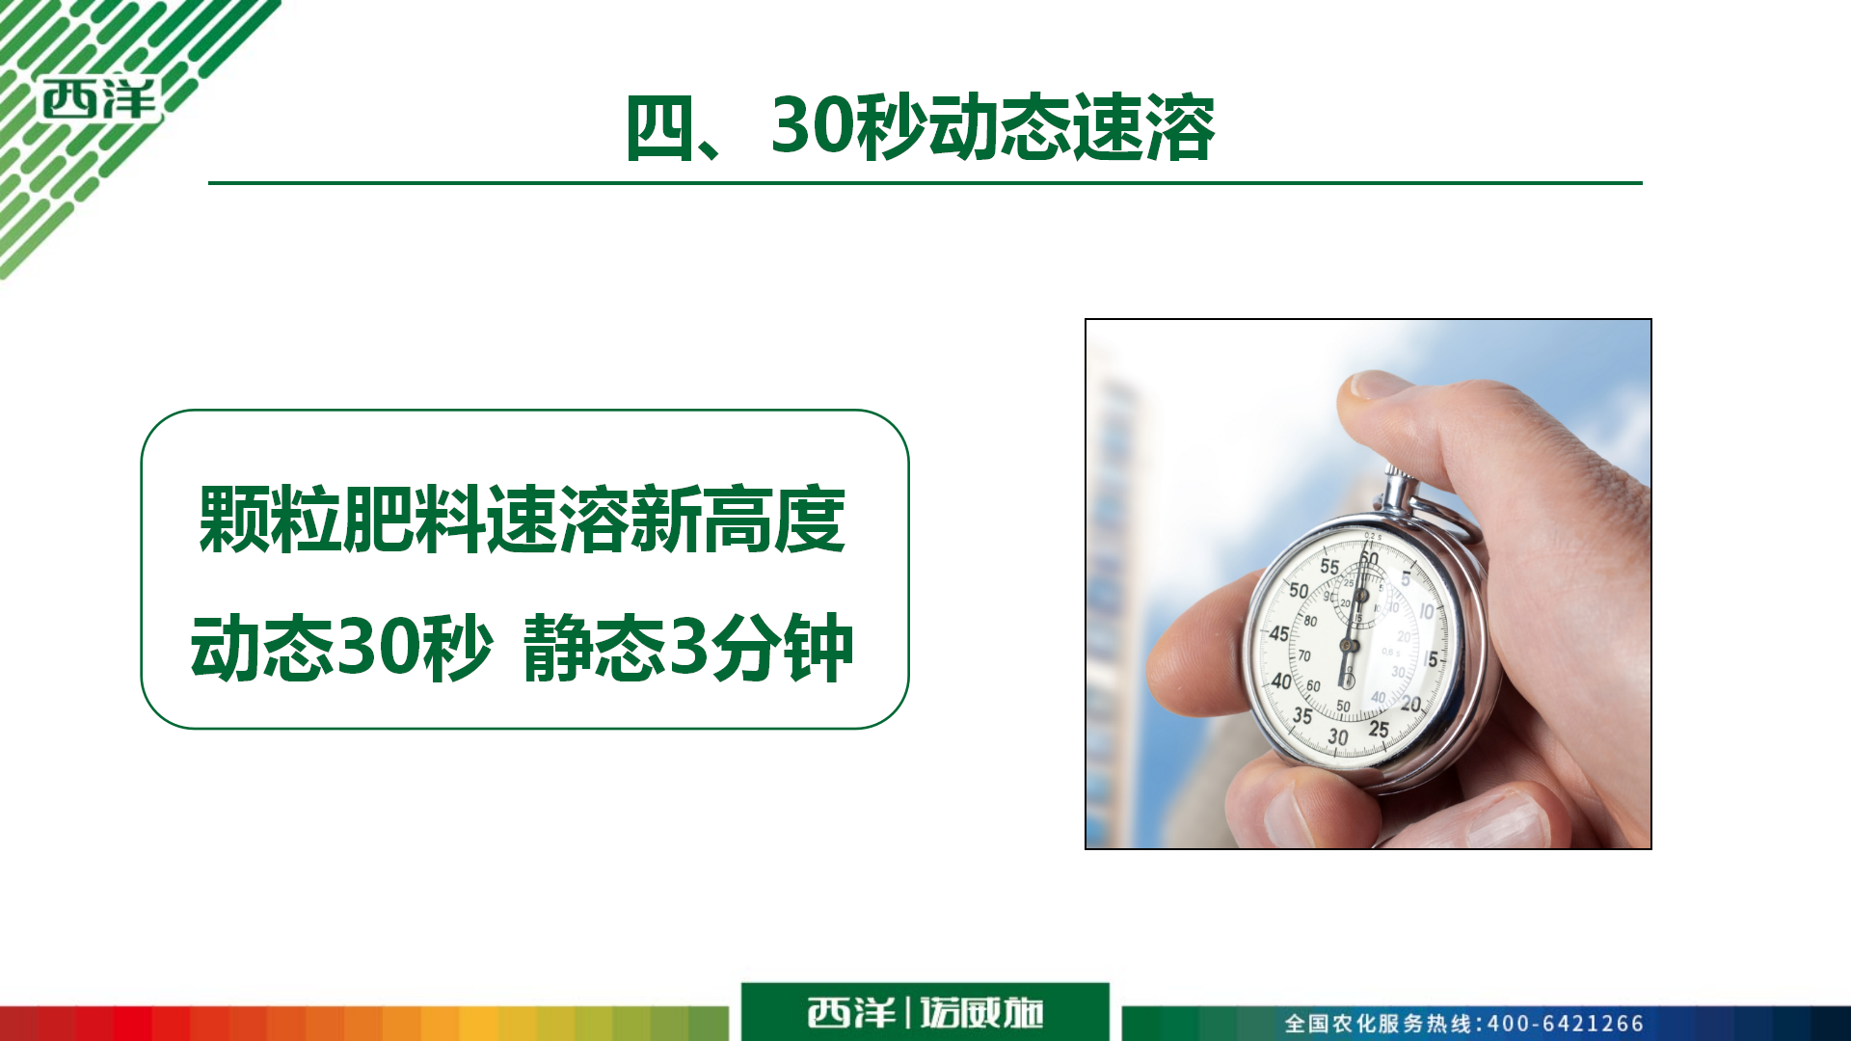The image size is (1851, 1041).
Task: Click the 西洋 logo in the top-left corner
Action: coord(99,99)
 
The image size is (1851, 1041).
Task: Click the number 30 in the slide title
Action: coord(812,127)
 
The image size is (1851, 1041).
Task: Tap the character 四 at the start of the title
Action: coord(660,128)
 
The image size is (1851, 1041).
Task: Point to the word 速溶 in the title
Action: coord(1144,128)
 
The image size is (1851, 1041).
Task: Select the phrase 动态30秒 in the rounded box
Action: coord(342,648)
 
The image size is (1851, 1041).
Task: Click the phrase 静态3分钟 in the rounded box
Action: coord(688,648)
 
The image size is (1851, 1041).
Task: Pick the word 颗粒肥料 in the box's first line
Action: coord(341,520)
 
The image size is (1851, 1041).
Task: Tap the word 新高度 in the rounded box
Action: coord(738,520)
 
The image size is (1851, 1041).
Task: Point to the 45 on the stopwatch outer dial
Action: coord(1278,633)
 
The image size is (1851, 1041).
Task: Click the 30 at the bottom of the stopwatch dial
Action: coord(1338,737)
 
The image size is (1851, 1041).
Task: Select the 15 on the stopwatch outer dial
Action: coord(1431,659)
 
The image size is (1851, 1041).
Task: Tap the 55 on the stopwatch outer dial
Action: coord(1329,567)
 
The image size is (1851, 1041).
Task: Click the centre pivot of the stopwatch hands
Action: coord(1350,645)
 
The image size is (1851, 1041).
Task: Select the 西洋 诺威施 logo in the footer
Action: coord(925,1012)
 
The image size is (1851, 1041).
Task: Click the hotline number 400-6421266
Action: coord(1566,1024)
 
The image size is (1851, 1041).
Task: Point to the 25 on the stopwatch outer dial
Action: coord(1379,730)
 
